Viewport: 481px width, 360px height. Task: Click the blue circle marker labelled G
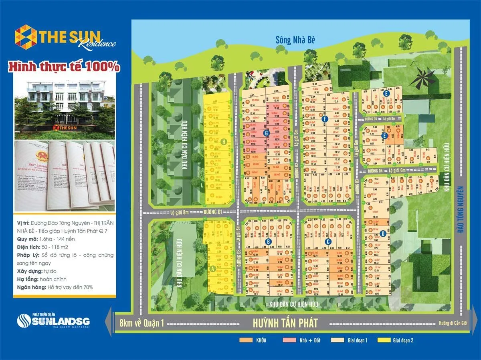pyautogui.click(x=265, y=133)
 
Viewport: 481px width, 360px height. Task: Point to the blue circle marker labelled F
pyautogui.click(x=325, y=119)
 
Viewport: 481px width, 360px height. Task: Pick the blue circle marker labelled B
pyautogui.click(x=268, y=241)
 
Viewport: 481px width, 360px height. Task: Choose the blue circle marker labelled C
pyautogui.click(x=327, y=241)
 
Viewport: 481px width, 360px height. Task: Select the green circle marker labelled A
pyautogui.click(x=212, y=269)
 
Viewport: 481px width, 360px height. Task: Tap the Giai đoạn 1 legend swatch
pyautogui.click(x=337, y=341)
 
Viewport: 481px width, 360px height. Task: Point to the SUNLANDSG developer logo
pyautogui.click(x=53, y=321)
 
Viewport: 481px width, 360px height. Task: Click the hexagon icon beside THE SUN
pyautogui.click(x=26, y=37)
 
